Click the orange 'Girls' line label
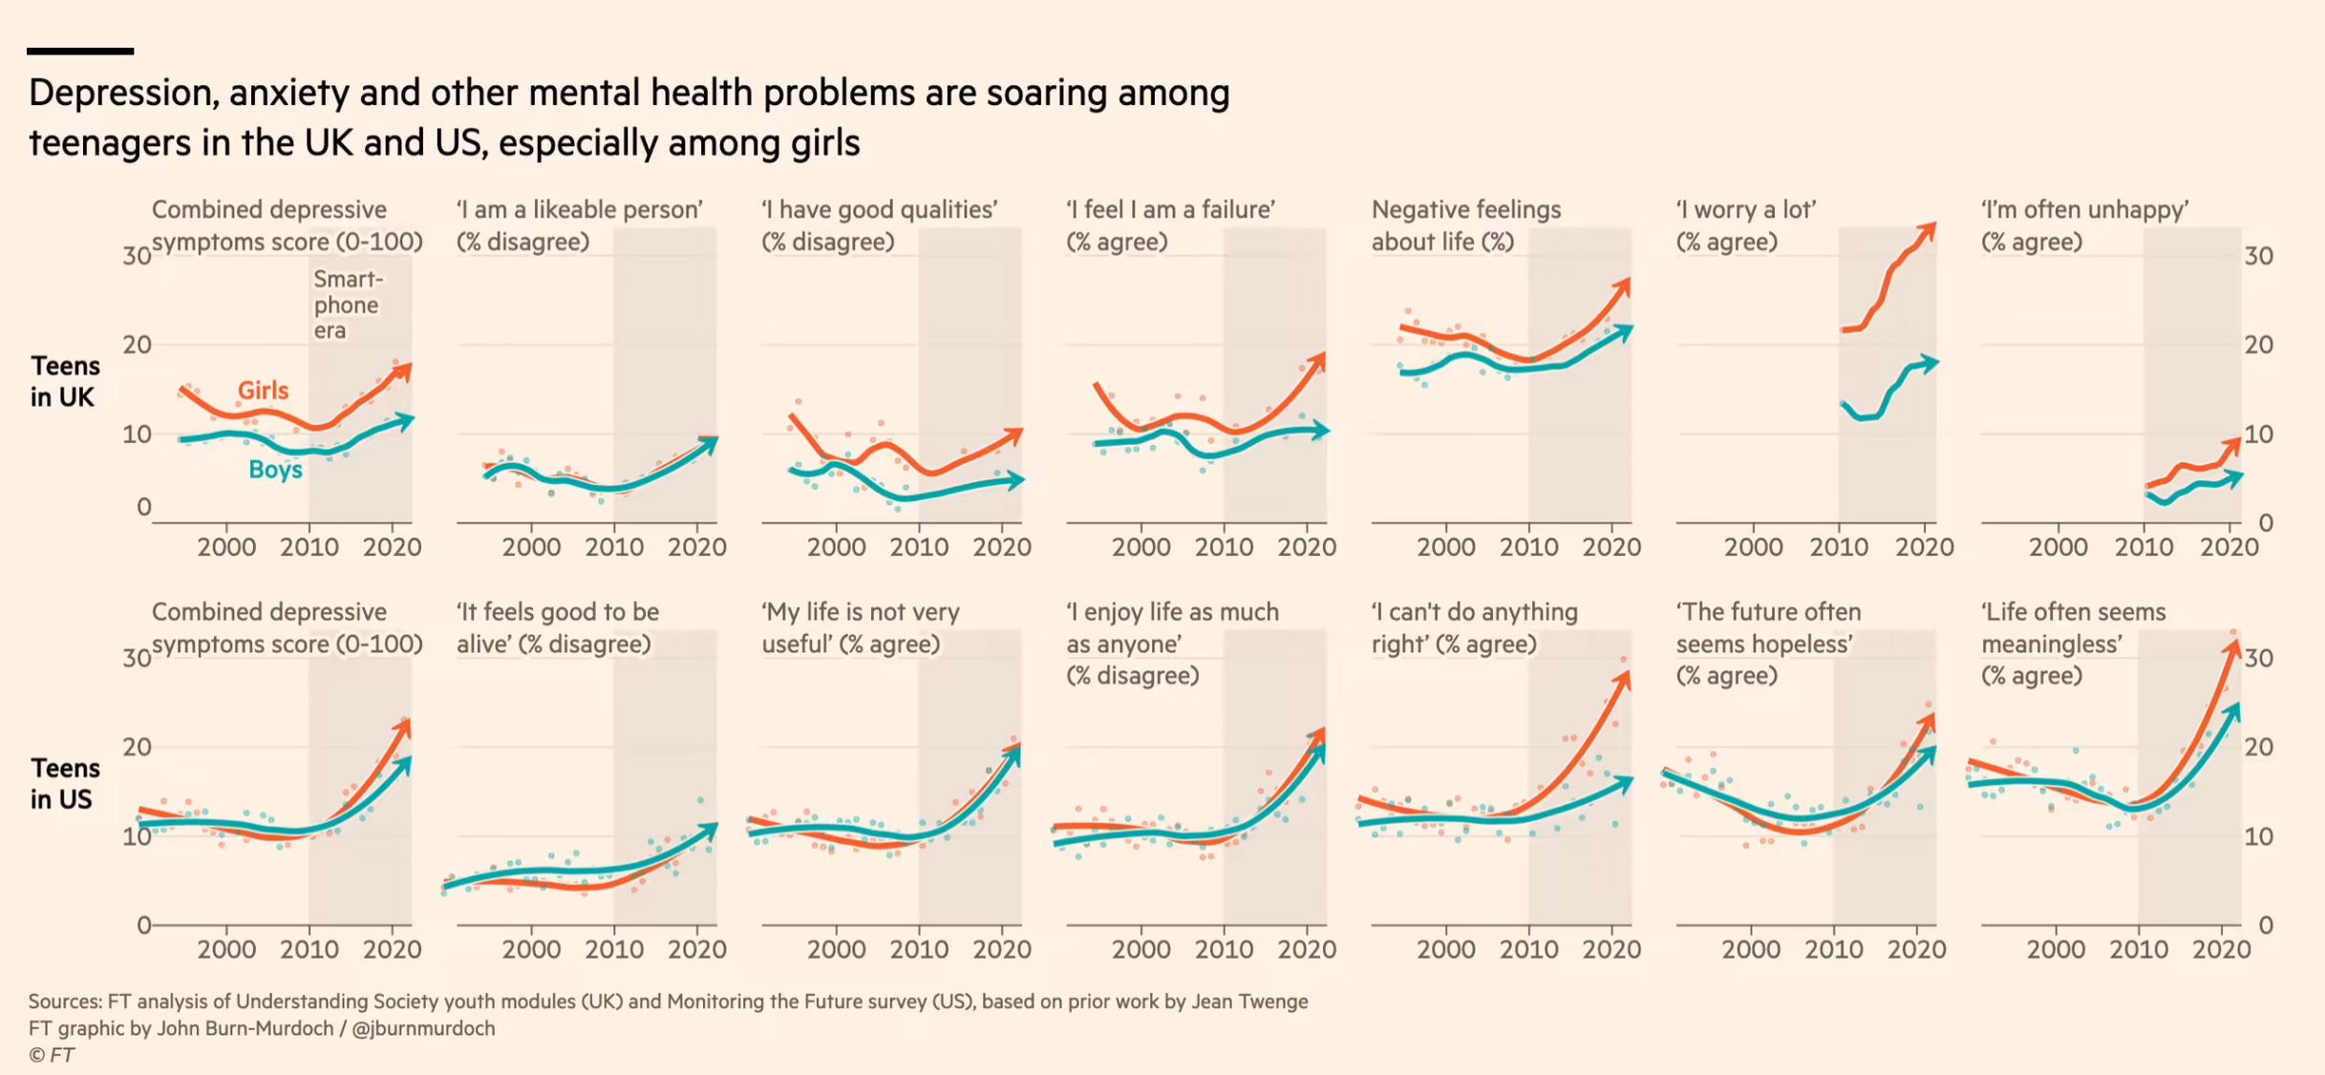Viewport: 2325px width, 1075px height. (x=263, y=390)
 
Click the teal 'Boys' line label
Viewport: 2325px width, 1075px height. (x=275, y=470)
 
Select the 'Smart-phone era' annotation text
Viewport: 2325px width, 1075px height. (x=348, y=305)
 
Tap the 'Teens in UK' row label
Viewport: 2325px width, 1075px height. (x=64, y=381)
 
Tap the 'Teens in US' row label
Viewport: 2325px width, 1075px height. (x=64, y=784)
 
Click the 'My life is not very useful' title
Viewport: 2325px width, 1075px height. (x=860, y=627)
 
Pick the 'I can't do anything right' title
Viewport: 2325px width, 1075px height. (x=1474, y=627)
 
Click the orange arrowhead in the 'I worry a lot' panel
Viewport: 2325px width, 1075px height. (x=1929, y=231)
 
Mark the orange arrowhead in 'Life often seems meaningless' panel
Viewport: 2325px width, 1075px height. (x=2232, y=646)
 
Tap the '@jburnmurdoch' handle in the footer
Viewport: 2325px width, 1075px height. (x=423, y=1028)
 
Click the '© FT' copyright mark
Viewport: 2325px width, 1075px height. (x=52, y=1055)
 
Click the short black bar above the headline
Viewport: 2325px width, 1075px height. (x=80, y=51)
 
